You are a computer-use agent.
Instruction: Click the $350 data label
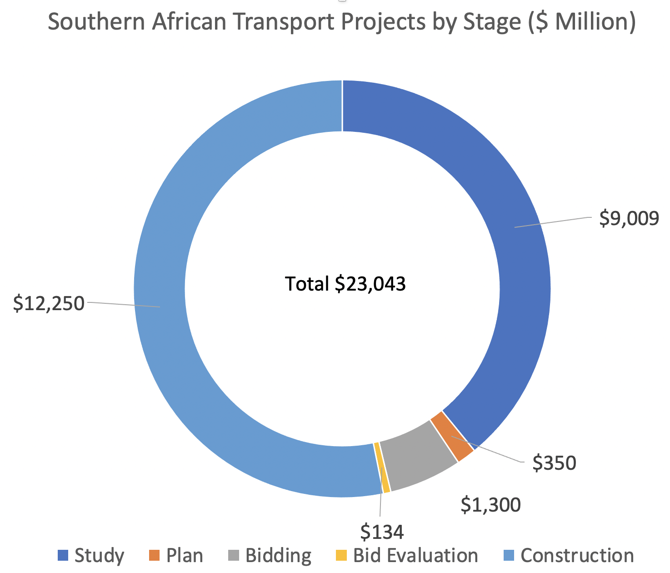(x=554, y=463)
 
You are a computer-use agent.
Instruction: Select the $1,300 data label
(x=490, y=505)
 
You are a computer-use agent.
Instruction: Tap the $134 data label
(x=382, y=531)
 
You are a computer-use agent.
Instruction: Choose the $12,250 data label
(x=49, y=303)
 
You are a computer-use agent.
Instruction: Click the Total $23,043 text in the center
(x=345, y=284)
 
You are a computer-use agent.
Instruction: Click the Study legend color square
(x=63, y=555)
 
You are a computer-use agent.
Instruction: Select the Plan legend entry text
(x=185, y=556)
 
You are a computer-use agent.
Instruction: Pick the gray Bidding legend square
(x=234, y=555)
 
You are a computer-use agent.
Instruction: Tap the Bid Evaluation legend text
(x=415, y=556)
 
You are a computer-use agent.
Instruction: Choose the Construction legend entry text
(x=577, y=556)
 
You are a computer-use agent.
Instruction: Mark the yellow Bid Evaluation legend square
(x=341, y=555)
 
